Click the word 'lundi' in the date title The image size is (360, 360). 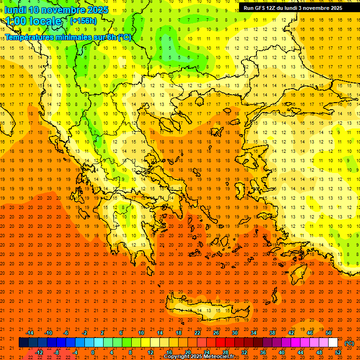click(15, 10)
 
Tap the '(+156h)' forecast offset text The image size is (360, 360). click(83, 21)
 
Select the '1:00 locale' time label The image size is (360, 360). click(34, 21)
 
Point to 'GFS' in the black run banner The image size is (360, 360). click(262, 8)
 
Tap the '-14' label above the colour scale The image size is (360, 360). click(29, 333)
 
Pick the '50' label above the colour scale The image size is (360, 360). click(329, 333)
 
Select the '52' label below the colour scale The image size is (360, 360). click(338, 352)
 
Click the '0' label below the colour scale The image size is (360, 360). click(93, 352)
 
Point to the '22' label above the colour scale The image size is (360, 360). click(197, 333)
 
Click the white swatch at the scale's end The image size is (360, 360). click(333, 343)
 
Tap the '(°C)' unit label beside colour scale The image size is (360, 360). click(349, 343)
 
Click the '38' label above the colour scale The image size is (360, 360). click(272, 333)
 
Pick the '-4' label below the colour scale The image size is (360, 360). click(75, 352)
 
